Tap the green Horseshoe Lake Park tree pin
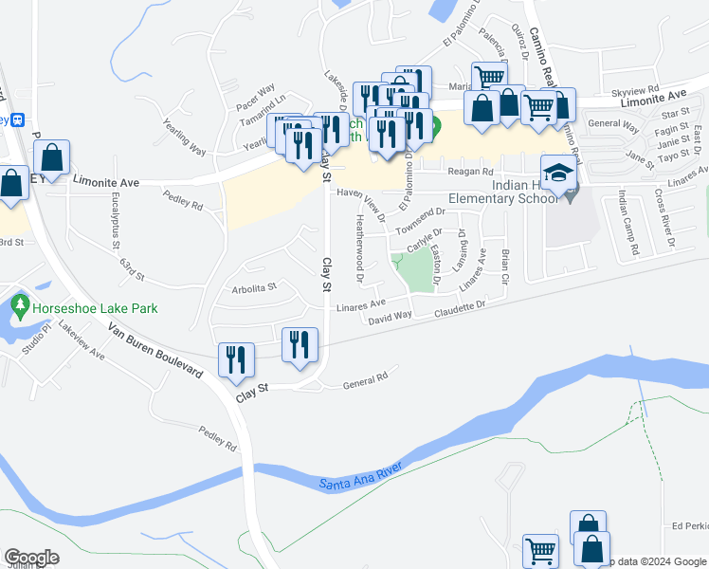(20, 306)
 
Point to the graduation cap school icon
(559, 174)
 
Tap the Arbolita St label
(253, 286)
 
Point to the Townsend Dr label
(420, 221)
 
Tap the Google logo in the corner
(31, 558)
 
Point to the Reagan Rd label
(472, 172)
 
